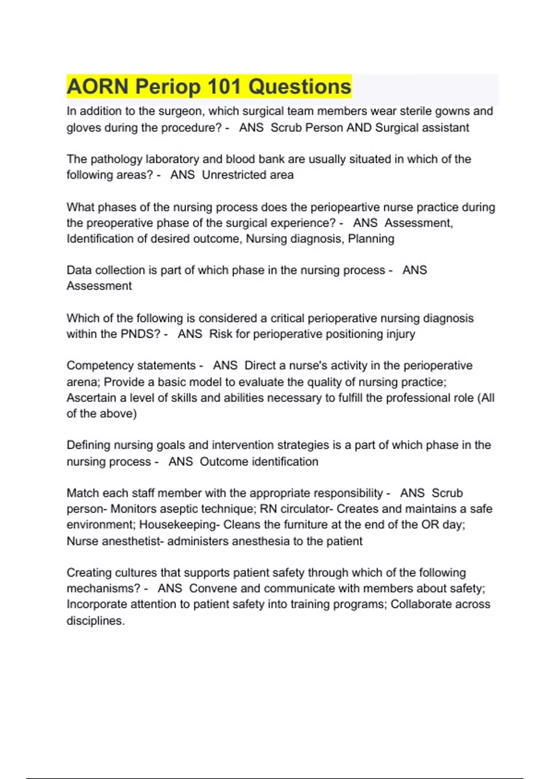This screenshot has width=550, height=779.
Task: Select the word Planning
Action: pos(371,239)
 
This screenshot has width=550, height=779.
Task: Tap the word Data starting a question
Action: pos(79,270)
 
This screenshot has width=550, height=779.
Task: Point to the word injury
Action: pos(400,334)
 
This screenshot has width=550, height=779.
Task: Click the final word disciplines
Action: pos(95,621)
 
